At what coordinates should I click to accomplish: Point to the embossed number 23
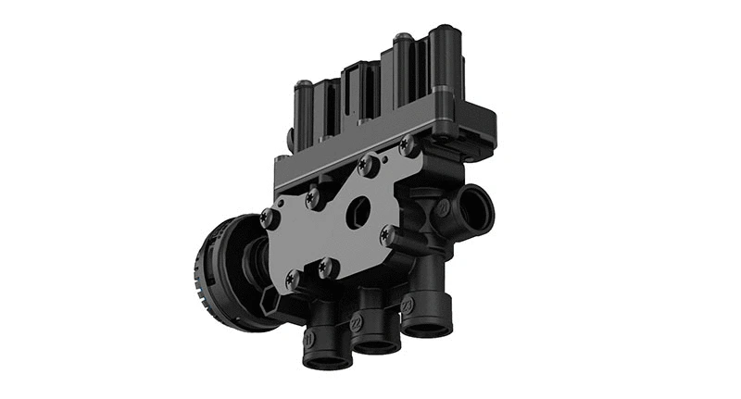pyautogui.click(x=408, y=304)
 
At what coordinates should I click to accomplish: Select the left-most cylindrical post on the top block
pyautogui.click(x=300, y=107)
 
